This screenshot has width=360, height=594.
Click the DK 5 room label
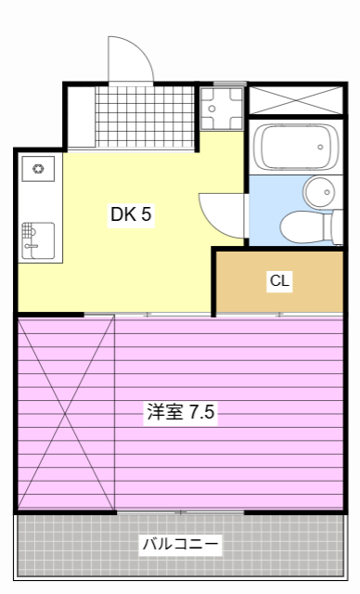pyautogui.click(x=131, y=214)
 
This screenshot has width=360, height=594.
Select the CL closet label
pyautogui.click(x=280, y=281)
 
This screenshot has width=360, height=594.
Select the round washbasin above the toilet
pyautogui.click(x=320, y=192)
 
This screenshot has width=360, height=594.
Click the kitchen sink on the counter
pyautogui.click(x=37, y=239)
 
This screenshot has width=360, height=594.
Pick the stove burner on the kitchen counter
pyautogui.click(x=39, y=169)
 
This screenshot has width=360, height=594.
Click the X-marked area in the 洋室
pyautogui.click(x=66, y=413)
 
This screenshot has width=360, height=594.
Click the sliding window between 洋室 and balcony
pyautogui.click(x=180, y=511)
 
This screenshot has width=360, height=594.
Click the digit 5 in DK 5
pyautogui.click(x=147, y=214)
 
